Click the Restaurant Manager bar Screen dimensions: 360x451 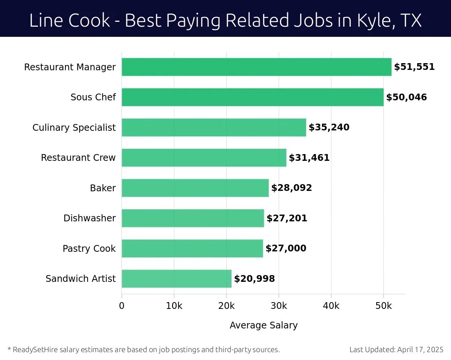256,67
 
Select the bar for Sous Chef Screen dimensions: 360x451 253,97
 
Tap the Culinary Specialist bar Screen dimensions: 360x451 214,127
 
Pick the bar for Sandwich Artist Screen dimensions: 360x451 177,278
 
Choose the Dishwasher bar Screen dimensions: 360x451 193,218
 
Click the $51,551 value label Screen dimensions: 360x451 414,67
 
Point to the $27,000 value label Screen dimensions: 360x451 286,248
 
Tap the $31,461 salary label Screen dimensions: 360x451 309,158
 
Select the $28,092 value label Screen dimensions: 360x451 292,188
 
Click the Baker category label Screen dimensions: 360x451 103,188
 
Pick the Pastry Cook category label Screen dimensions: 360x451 89,248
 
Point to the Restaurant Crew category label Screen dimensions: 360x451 78,158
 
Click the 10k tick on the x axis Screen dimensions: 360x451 174,306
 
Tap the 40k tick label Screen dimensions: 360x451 331,306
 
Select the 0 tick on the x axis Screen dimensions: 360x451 122,306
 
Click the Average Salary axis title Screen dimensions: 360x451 263,325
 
